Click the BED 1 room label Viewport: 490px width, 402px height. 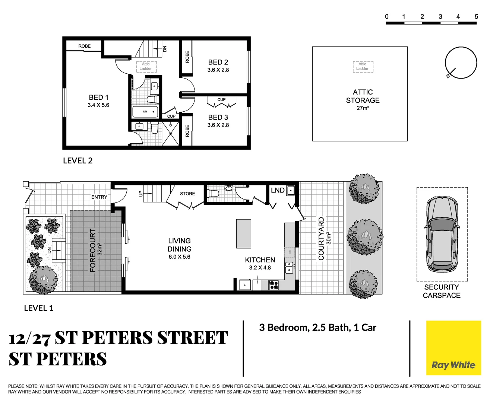click(x=98, y=98)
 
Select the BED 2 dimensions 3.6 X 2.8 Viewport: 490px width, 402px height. click(x=218, y=70)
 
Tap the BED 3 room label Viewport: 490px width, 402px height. click(x=218, y=117)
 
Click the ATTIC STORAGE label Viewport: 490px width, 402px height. click(x=363, y=96)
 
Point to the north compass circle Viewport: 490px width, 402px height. click(x=461, y=63)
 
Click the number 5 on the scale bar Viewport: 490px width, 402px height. click(x=476, y=16)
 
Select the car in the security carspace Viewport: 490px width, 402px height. click(x=442, y=234)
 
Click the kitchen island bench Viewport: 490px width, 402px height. click(x=244, y=233)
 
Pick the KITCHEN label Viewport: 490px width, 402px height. click(x=260, y=260)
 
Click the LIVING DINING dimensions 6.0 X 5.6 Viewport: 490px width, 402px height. click(x=179, y=257)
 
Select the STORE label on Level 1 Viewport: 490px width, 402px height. click(x=187, y=194)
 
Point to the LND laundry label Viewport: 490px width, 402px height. click(x=278, y=190)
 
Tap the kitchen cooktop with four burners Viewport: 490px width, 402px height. click(x=274, y=285)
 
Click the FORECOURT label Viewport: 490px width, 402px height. click(x=93, y=250)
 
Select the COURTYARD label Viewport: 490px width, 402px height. click(x=321, y=239)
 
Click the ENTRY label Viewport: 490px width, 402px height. click(x=99, y=197)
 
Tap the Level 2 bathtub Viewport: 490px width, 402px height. click(x=145, y=112)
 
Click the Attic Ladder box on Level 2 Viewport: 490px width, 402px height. click(x=146, y=66)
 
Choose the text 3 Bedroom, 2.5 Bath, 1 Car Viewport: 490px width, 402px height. click(x=317, y=328)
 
